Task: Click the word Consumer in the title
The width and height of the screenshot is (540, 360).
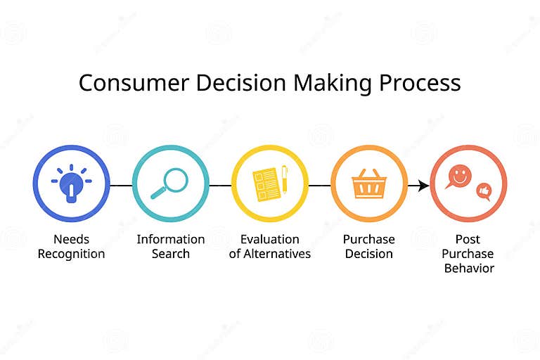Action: click(x=122, y=83)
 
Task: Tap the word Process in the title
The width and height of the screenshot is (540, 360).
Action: click(x=420, y=83)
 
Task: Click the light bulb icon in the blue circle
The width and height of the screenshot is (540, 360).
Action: click(x=71, y=184)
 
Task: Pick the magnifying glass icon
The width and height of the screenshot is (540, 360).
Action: click(x=169, y=183)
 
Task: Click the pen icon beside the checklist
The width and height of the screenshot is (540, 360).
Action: click(x=284, y=179)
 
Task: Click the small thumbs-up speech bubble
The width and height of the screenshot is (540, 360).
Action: click(x=484, y=191)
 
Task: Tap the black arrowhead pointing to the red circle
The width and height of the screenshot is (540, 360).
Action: click(x=423, y=186)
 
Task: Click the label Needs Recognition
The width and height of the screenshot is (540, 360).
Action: click(x=71, y=246)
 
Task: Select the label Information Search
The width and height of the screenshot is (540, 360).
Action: click(x=170, y=246)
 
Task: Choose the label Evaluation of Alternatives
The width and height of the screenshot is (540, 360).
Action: click(x=269, y=246)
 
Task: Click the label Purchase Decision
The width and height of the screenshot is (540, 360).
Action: click(x=368, y=246)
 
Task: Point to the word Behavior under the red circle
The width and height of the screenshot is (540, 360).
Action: click(x=468, y=268)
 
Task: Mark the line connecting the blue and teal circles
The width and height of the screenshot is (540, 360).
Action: click(x=121, y=186)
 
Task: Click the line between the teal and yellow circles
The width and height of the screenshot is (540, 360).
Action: click(x=220, y=186)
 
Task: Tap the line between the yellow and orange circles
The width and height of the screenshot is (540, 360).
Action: click(x=319, y=186)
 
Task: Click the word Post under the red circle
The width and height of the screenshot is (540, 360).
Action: click(x=468, y=239)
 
